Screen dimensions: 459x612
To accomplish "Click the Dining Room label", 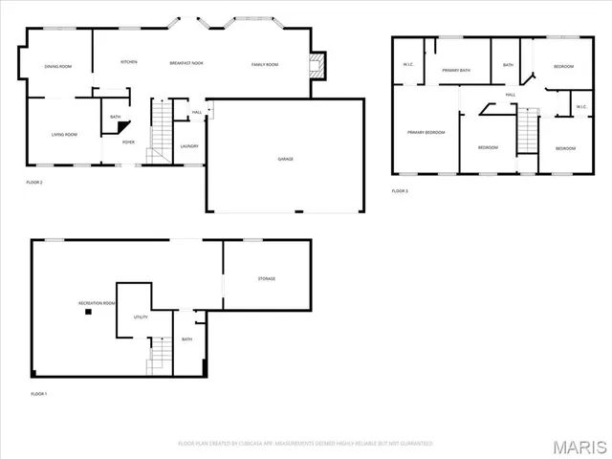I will point(58,66).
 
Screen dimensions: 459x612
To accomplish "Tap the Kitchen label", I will point(128,62).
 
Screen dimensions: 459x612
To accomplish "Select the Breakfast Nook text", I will point(186,63).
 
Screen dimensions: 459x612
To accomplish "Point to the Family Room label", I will point(265,63).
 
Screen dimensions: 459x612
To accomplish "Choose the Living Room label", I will point(64,134).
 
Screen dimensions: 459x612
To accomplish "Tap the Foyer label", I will point(127,142).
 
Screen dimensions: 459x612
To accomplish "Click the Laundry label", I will point(189,145).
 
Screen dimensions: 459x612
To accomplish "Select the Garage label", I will point(285,158).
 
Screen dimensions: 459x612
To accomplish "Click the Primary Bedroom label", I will point(426,132).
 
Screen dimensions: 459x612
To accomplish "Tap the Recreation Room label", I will point(97,302).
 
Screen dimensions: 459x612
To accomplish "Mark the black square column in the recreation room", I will point(88,311).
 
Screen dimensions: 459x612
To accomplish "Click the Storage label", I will point(266,278).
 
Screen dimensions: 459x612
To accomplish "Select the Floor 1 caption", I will point(38,394).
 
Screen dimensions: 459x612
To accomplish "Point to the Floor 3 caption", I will point(400,191).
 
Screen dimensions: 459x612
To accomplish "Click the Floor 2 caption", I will point(34,182).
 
